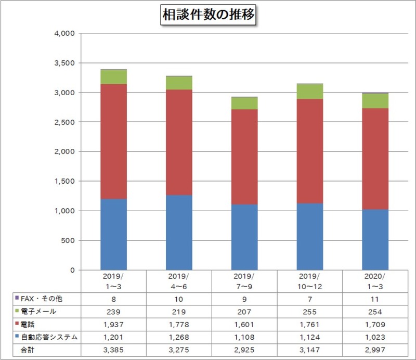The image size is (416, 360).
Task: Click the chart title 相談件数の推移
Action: pos(207,16)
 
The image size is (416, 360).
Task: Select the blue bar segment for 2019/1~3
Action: pos(113,234)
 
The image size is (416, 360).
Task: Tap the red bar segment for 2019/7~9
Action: pos(244,157)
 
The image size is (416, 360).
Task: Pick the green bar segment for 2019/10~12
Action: pos(309,92)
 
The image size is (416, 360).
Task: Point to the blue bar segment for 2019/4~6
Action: pos(179,232)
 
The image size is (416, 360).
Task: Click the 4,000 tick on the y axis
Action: pos(64,33)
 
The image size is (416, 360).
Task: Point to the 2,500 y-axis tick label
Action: pos(64,122)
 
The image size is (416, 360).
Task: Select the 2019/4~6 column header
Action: pos(179,281)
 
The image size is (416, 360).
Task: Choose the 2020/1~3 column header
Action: pos(375,281)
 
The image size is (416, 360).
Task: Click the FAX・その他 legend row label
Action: pos(44,299)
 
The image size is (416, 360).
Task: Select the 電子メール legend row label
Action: pos(42,312)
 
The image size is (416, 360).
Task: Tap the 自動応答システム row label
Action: pos(49,337)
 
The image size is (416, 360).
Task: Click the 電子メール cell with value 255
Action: pos(309,312)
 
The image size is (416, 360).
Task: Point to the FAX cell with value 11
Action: pos(375,299)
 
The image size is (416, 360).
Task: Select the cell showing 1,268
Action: pos(179,337)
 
